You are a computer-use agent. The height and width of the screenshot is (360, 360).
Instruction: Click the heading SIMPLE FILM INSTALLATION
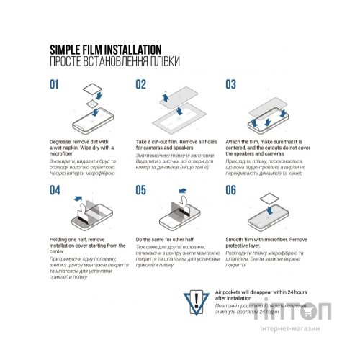point(104,49)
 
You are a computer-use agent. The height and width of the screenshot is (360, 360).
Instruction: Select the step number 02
point(142,84)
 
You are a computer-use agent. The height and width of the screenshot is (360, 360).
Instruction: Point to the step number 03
point(231,84)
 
